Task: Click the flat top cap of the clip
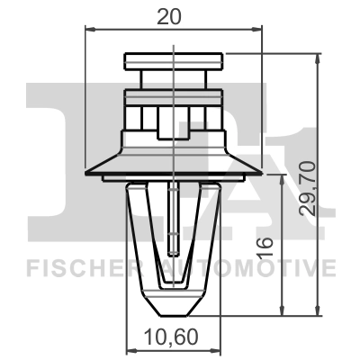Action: pos(172,61)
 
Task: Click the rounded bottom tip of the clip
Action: pos(172,310)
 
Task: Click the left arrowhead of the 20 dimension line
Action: pos(87,28)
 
